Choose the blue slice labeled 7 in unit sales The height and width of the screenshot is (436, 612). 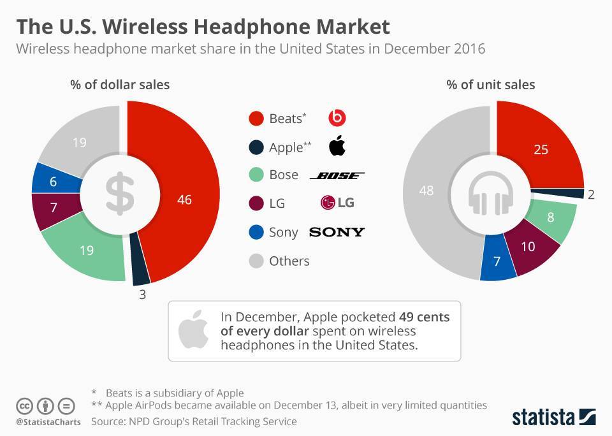click(x=497, y=261)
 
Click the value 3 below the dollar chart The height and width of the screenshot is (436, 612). click(x=143, y=294)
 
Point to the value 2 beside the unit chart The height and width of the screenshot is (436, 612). click(x=591, y=194)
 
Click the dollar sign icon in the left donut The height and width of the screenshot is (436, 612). click(x=120, y=194)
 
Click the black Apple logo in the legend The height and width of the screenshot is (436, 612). click(x=337, y=146)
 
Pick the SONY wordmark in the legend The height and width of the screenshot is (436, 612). click(x=337, y=232)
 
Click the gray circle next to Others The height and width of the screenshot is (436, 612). click(x=256, y=261)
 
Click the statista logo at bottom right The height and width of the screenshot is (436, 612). click(x=554, y=417)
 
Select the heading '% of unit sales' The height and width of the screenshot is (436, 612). click(x=490, y=84)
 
